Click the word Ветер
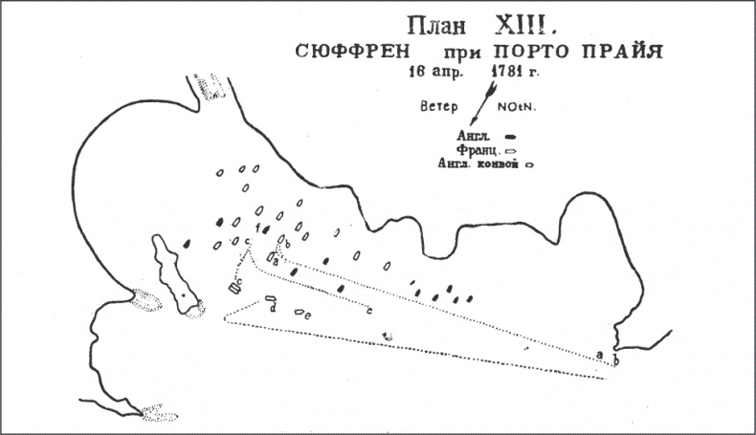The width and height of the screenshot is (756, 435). point(436,107)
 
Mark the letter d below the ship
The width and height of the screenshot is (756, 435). point(274,310)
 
